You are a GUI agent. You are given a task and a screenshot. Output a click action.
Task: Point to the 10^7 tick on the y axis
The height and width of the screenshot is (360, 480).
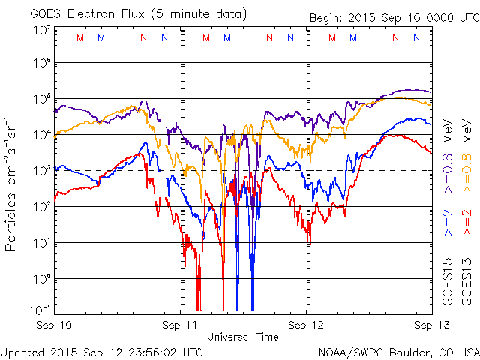pos(42,30)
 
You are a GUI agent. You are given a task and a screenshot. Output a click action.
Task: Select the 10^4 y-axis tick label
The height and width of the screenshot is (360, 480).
pos(42,135)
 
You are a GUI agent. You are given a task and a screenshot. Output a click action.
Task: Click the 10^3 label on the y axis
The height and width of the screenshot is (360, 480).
pos(42,171)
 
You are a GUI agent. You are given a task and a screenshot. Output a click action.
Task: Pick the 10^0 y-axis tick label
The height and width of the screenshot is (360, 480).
pos(42,279)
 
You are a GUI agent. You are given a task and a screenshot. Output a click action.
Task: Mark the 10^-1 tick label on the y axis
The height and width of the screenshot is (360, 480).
pos(40,309)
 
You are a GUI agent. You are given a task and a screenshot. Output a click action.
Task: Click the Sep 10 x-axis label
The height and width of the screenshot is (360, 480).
pos(54,325)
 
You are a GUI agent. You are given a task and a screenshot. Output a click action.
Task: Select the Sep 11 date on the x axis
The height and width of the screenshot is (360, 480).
pos(181,325)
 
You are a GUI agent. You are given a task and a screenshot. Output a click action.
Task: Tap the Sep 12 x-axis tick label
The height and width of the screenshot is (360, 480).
pos(307,325)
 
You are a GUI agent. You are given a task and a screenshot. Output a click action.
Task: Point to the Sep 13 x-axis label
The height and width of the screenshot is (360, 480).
pos(430,325)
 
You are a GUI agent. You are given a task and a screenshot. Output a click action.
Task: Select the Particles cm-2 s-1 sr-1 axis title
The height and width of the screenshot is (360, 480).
pos(13,184)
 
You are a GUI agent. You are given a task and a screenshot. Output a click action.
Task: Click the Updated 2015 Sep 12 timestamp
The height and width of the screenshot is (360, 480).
pos(101,351)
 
